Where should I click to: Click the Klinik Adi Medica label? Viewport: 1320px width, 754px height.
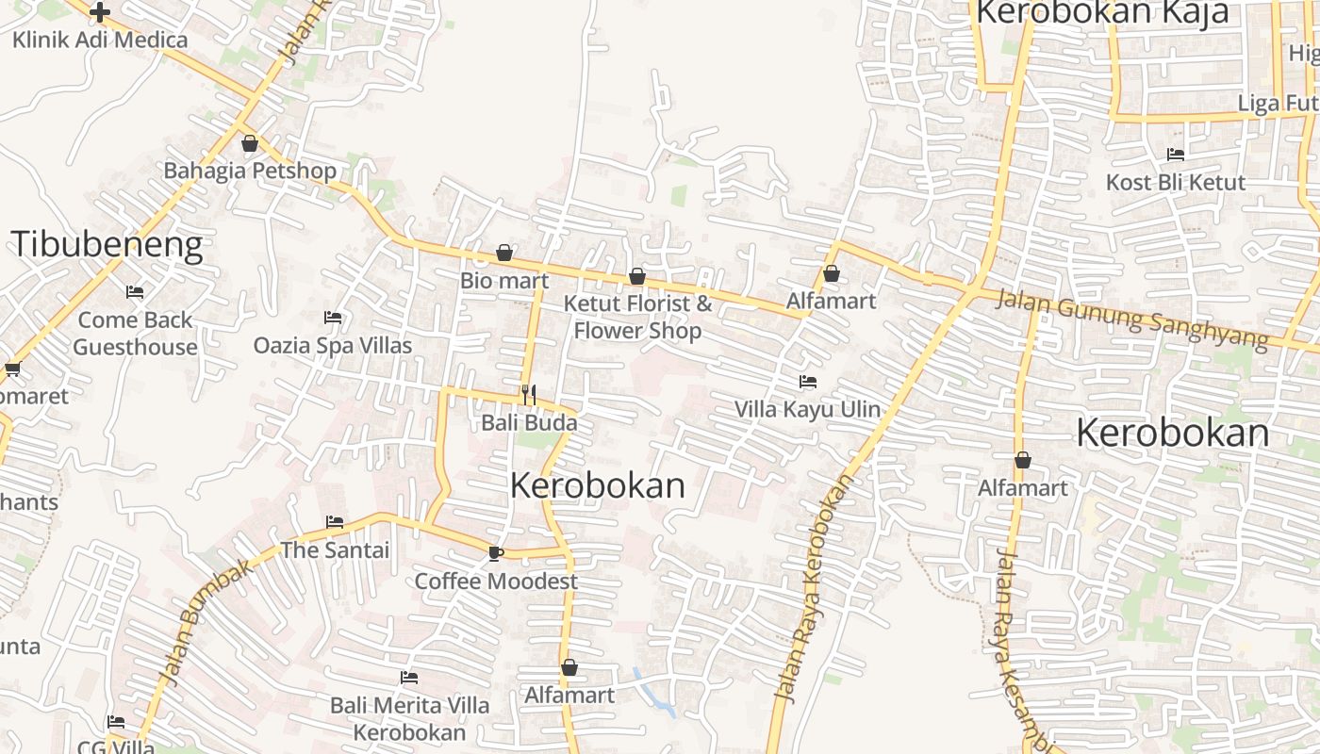[100, 40]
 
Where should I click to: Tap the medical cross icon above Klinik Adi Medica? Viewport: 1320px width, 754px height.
[100, 12]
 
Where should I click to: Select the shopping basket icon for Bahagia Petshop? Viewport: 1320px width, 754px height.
[250, 143]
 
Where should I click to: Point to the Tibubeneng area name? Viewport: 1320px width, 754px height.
[107, 245]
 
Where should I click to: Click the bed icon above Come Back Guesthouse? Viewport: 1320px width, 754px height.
[135, 292]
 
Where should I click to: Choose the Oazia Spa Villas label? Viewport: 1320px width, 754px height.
[333, 345]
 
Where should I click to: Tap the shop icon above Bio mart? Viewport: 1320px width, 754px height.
[504, 253]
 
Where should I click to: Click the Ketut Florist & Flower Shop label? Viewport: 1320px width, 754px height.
[637, 317]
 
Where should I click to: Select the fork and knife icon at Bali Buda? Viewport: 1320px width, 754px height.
[529, 394]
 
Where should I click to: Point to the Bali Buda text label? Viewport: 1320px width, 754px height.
[529, 422]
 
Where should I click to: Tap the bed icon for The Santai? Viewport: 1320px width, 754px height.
[335, 521]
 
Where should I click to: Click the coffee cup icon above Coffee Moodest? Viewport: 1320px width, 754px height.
[496, 553]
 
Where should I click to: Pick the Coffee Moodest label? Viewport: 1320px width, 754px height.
[496, 581]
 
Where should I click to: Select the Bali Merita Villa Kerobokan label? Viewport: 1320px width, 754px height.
[409, 718]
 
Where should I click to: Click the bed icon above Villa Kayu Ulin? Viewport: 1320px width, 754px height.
[808, 382]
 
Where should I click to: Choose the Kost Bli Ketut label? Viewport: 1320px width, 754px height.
[1176, 182]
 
